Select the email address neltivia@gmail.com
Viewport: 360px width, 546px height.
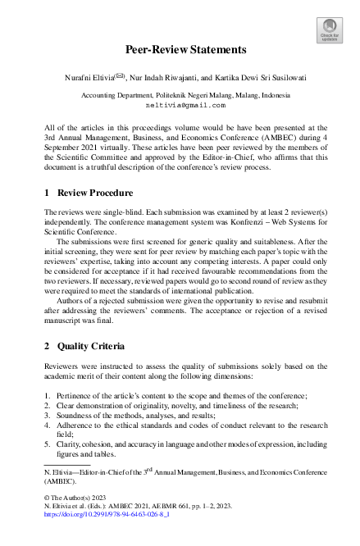point(180,107)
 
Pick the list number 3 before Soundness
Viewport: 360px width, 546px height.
point(46,419)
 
